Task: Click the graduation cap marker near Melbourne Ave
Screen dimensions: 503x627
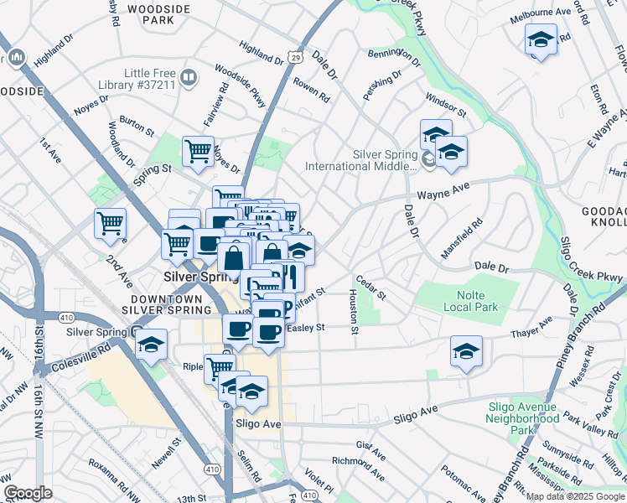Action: [x=541, y=39]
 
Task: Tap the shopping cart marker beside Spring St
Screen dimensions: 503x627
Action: [x=198, y=152]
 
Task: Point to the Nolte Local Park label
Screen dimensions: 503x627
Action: [x=477, y=301]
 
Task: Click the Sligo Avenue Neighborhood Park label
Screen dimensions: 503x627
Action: [x=523, y=417]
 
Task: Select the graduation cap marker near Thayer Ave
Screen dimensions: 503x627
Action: [x=465, y=352]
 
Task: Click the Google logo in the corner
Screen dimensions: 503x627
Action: [x=28, y=493]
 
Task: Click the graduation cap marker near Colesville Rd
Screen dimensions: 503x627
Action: [x=151, y=345]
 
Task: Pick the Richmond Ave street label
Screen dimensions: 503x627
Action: [x=357, y=461]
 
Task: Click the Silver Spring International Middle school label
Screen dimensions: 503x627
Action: [x=361, y=160]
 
